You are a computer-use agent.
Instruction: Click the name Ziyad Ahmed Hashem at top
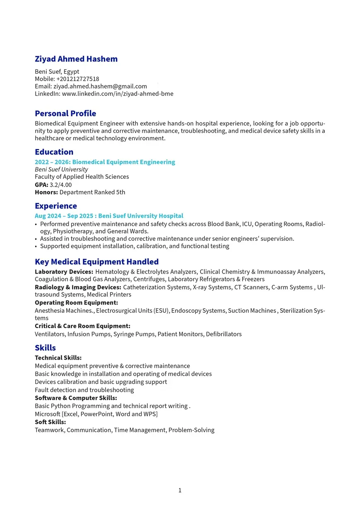[76, 59]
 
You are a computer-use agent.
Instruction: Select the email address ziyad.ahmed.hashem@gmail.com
[100, 86]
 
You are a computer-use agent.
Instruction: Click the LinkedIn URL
[118, 94]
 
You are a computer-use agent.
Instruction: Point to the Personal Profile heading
[65, 113]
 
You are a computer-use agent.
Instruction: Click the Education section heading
[54, 152]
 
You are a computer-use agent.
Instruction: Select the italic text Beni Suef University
[61, 169]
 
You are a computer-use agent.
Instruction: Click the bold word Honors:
[46, 192]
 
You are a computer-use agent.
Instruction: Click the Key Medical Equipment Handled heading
[97, 262]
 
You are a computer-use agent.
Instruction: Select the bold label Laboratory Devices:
[64, 271]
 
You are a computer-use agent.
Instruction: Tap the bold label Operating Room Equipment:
[76, 303]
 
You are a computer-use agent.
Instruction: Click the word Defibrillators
[224, 334]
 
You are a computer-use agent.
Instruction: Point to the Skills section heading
[45, 348]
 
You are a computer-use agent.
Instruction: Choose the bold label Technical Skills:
[58, 358]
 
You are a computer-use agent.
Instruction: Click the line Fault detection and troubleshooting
[84, 390]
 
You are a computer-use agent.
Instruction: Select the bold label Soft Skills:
[50, 422]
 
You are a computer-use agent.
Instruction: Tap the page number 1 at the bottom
[180, 490]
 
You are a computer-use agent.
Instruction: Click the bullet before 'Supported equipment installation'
[36, 246]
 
